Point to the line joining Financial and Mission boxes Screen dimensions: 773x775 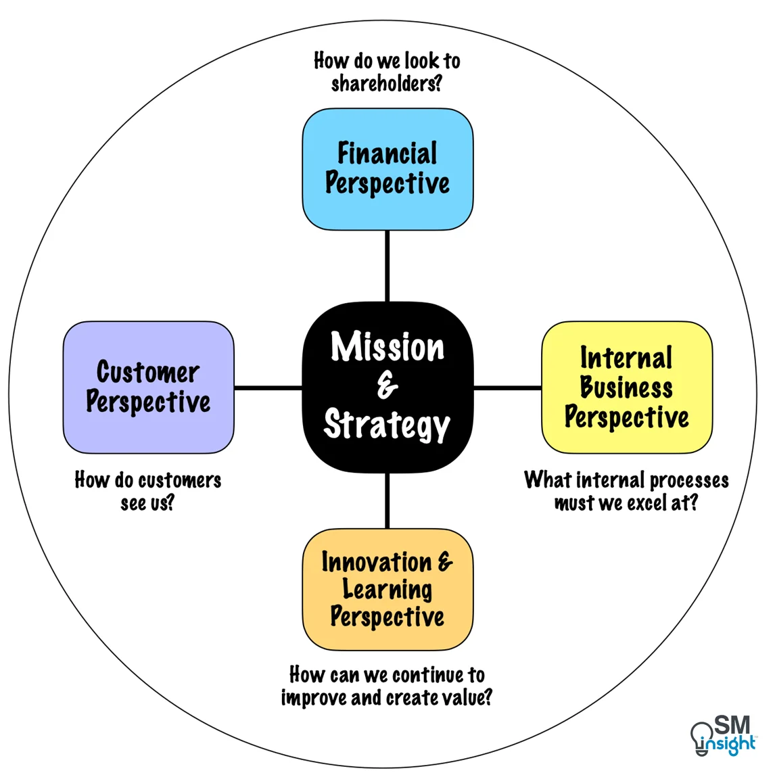387,266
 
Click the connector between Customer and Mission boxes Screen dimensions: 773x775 268,388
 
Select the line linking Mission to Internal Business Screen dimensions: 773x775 507,388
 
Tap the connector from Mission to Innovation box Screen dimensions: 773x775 387,500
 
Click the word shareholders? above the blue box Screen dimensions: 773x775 386,84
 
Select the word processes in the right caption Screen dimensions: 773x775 689,480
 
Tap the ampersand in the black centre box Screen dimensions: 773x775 387,387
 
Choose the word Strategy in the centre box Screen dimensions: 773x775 387,425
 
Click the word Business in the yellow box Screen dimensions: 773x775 626,388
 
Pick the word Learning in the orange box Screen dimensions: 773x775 387,589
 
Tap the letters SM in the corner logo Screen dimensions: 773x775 732,726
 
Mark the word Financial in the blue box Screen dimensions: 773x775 387,154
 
